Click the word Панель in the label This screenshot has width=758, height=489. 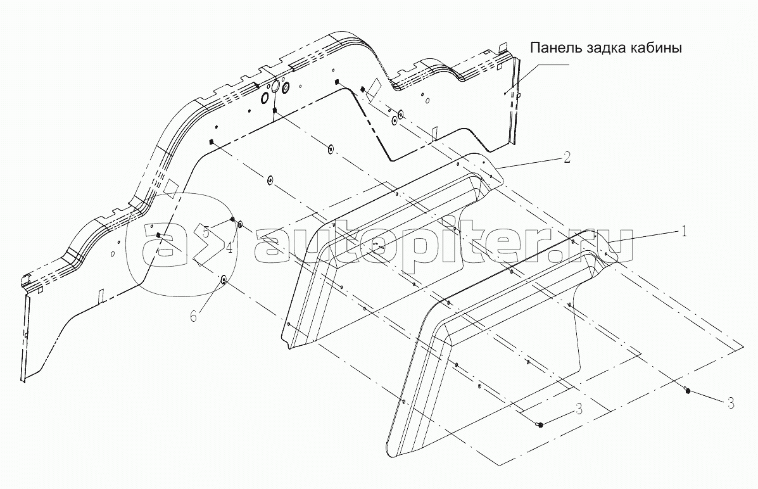click(554, 49)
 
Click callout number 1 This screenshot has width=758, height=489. click(683, 232)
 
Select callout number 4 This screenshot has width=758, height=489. click(229, 246)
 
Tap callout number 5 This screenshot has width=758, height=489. click(206, 232)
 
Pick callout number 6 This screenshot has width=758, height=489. click(194, 315)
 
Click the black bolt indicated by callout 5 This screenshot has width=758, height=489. click(233, 220)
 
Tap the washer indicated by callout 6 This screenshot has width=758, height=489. click(224, 279)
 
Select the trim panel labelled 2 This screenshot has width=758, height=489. click(380, 253)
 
